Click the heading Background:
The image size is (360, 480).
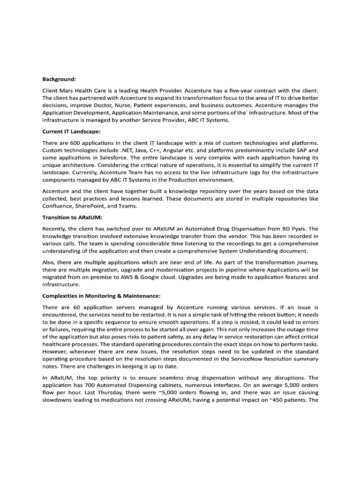pos(59,79)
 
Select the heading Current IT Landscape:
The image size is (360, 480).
pos(71,132)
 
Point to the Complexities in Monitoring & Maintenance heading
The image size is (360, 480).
pos(101,296)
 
